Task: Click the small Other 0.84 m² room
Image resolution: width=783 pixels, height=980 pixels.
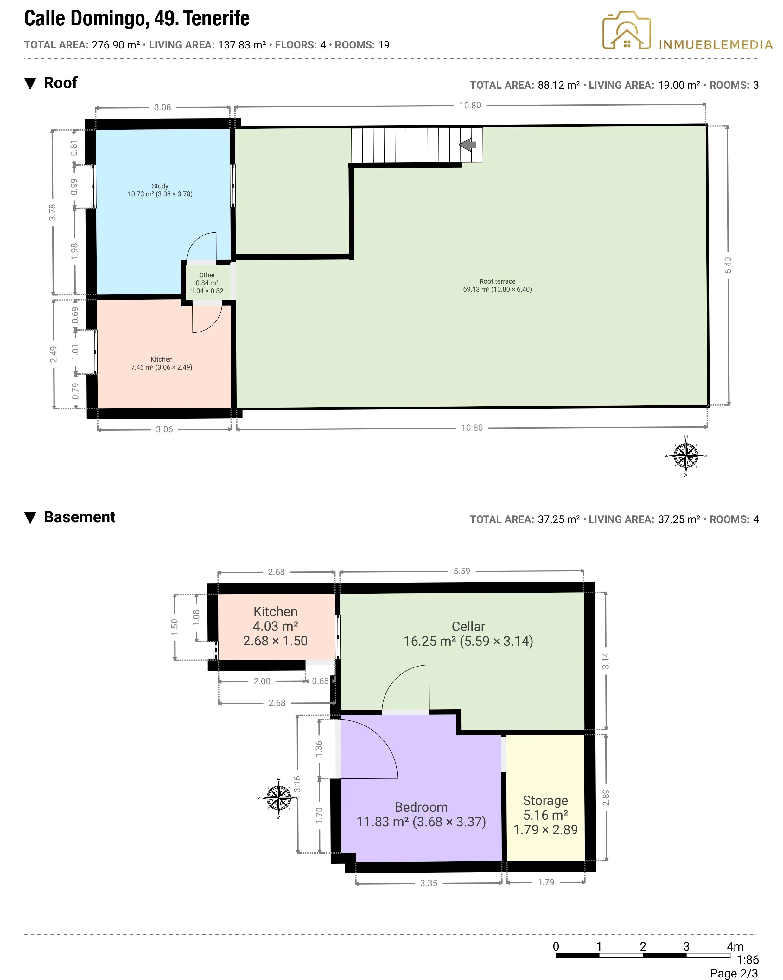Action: click(207, 283)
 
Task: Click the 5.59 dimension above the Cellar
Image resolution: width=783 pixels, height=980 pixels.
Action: click(462, 571)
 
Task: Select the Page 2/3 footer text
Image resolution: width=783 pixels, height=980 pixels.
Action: click(734, 973)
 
